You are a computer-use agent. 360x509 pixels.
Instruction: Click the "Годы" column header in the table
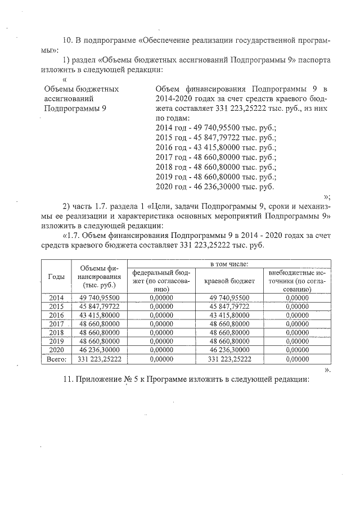(56, 276)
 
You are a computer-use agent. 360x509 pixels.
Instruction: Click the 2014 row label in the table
(56, 297)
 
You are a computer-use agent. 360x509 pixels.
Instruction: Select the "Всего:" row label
(56, 359)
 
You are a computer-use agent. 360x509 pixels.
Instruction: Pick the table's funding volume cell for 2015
(99, 306)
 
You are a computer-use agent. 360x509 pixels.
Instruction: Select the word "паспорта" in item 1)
(314, 60)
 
